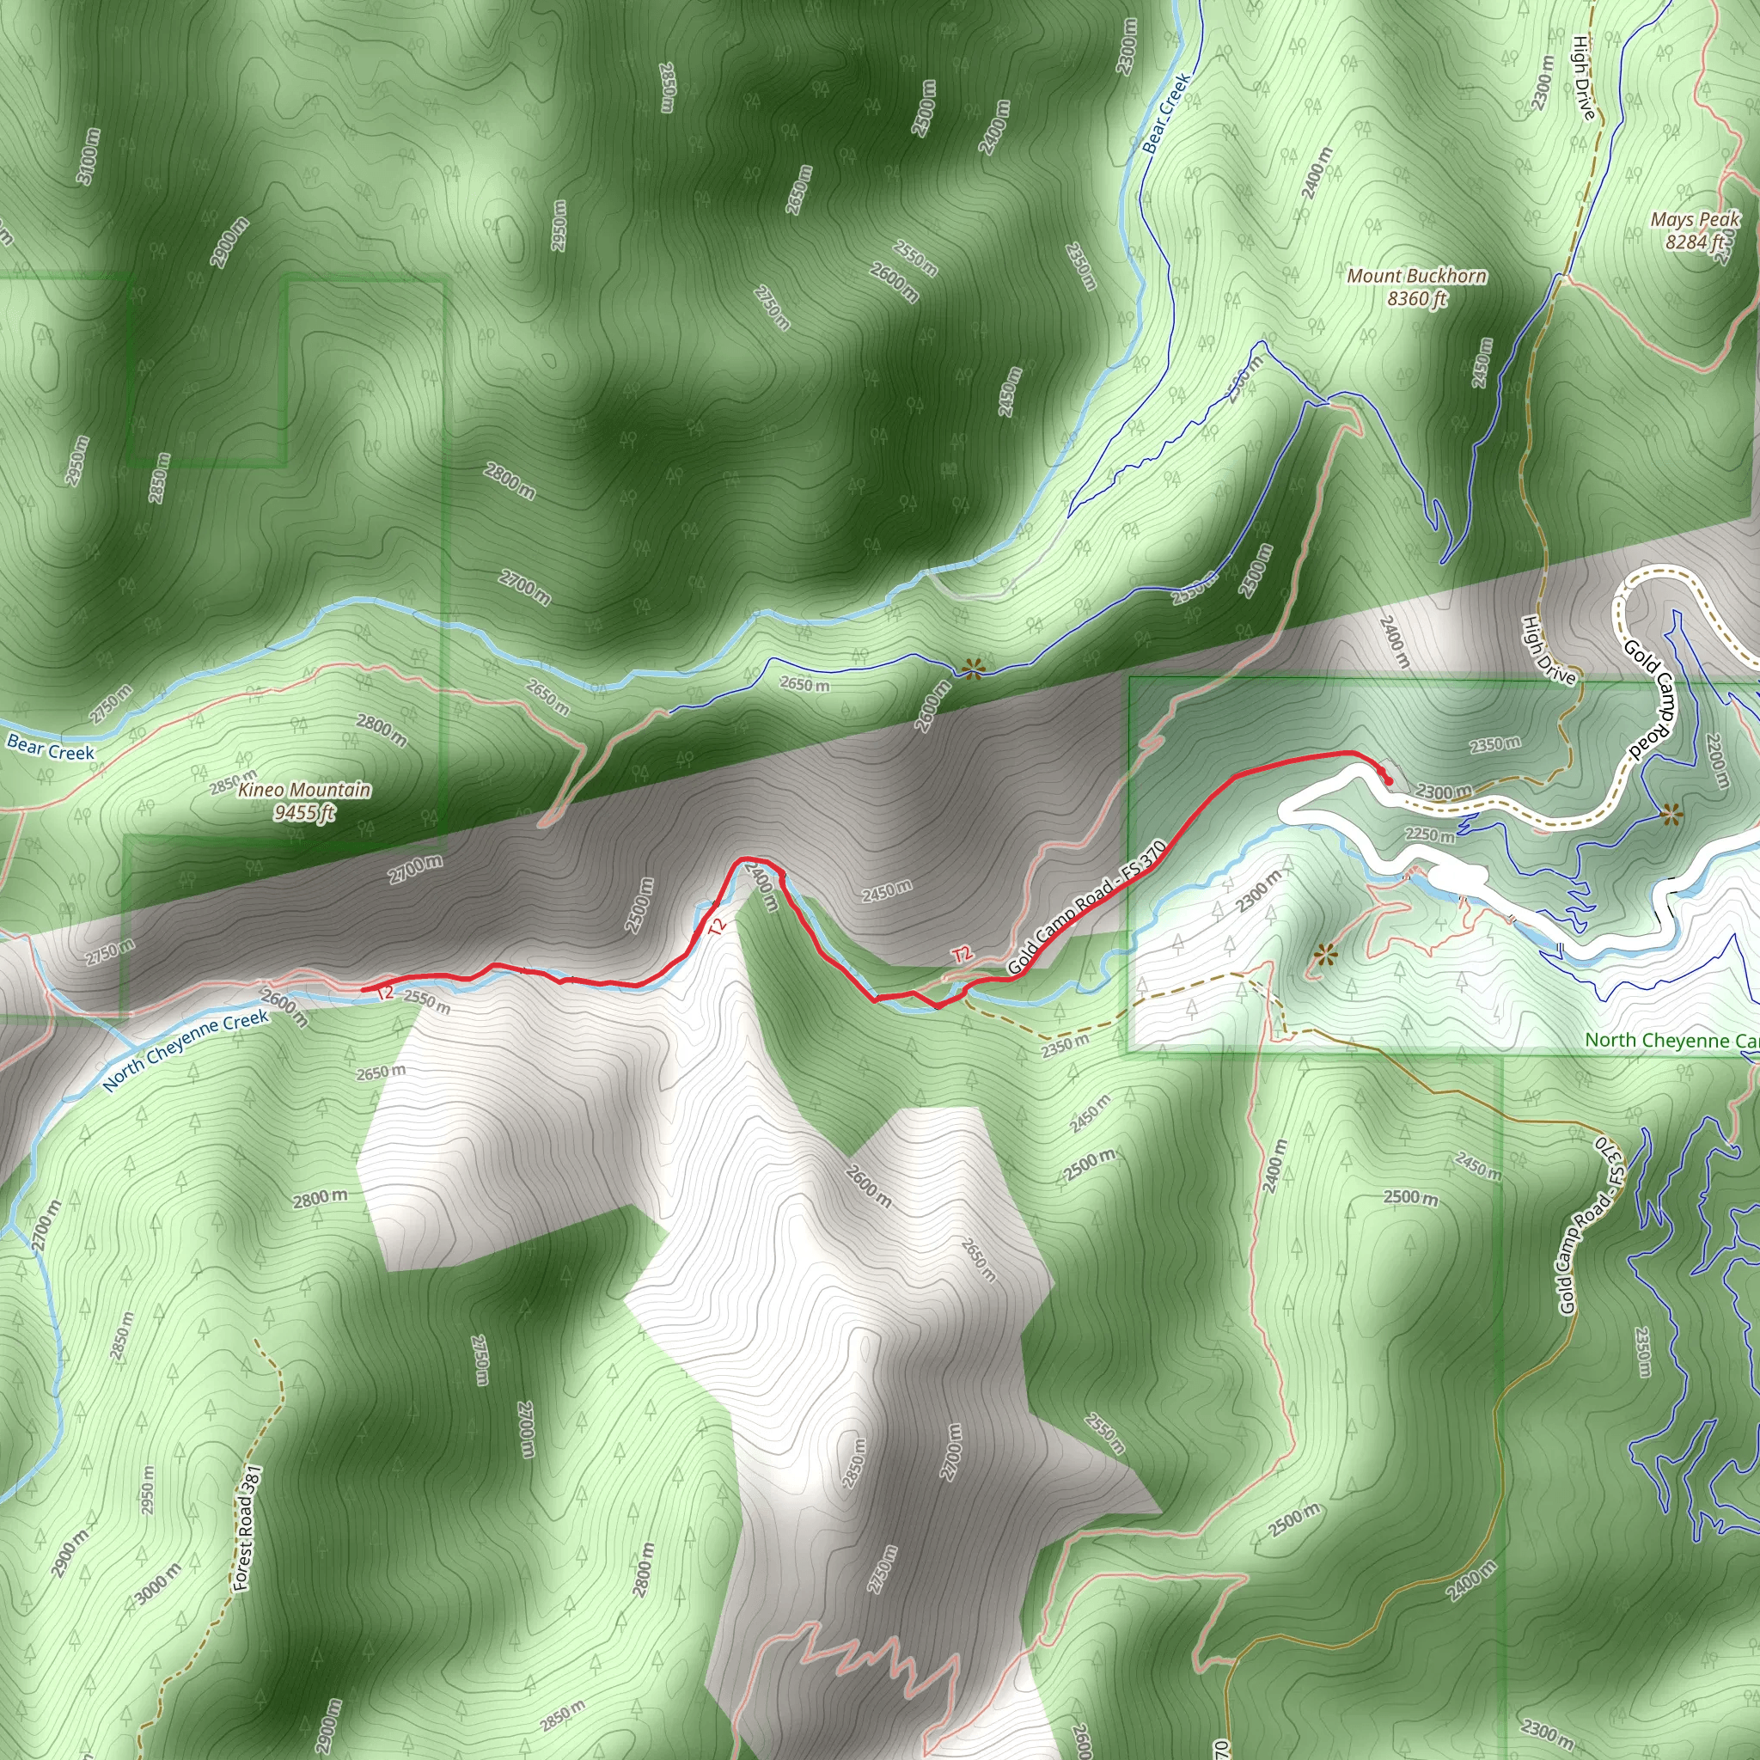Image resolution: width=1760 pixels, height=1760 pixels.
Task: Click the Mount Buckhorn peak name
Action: pyautogui.click(x=1416, y=275)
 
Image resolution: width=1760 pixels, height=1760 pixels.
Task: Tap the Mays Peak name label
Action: pyautogui.click(x=1696, y=219)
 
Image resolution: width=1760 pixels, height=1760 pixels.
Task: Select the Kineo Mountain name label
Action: pyautogui.click(x=304, y=790)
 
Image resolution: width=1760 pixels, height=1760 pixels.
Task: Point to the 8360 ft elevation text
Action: pyautogui.click(x=1416, y=298)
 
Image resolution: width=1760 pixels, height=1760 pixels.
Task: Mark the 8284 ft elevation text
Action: pyautogui.click(x=1696, y=241)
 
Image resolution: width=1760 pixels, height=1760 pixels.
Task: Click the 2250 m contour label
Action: pyautogui.click(x=1429, y=834)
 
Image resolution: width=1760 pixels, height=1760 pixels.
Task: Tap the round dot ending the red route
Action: pyautogui.click(x=1390, y=780)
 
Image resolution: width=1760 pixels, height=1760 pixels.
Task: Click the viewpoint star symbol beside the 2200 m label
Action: pyautogui.click(x=1671, y=815)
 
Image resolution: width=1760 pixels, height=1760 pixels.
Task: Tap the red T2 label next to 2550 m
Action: pyautogui.click(x=385, y=992)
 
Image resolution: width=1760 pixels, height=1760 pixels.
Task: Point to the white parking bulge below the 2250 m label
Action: pyautogui.click(x=1455, y=877)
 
